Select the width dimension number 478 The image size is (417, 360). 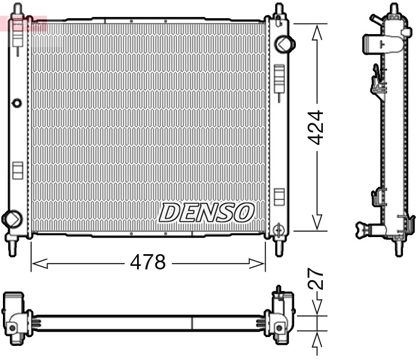(148, 262)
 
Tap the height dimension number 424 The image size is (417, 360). (316, 126)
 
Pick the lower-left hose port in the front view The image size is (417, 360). (11, 218)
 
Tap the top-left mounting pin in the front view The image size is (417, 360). (18, 10)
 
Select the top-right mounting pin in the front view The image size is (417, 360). (278, 10)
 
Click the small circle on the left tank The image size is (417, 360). (16, 104)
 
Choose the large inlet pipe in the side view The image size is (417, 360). (376, 42)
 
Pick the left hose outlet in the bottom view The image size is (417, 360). (14, 323)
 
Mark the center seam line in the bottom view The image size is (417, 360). (192, 323)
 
